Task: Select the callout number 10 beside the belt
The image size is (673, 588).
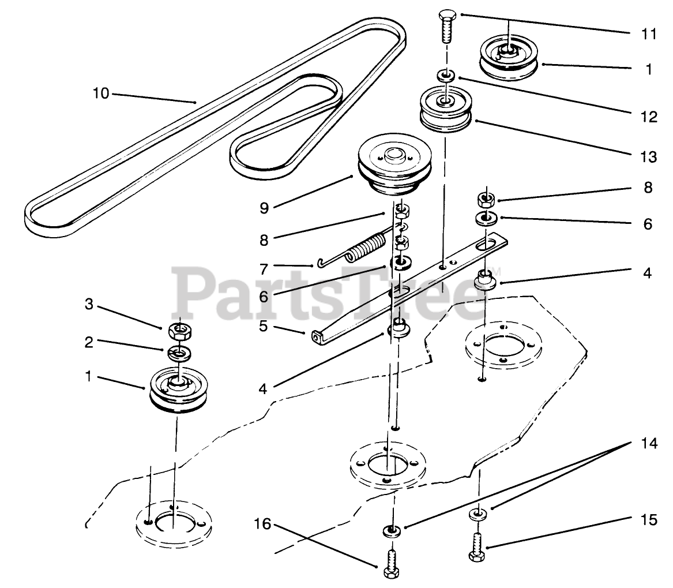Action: coord(101,93)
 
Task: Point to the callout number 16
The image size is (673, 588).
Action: coord(262,524)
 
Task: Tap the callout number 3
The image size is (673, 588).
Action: coord(88,304)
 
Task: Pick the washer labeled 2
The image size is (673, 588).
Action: coord(178,351)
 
